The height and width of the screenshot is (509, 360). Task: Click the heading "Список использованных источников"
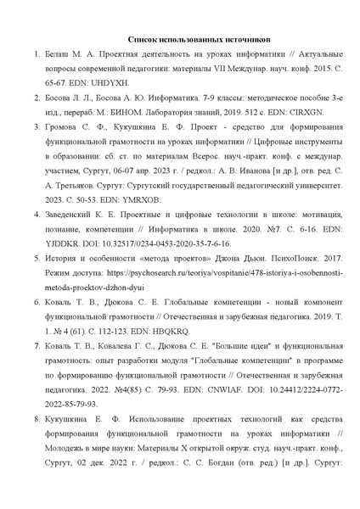pos(180,39)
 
